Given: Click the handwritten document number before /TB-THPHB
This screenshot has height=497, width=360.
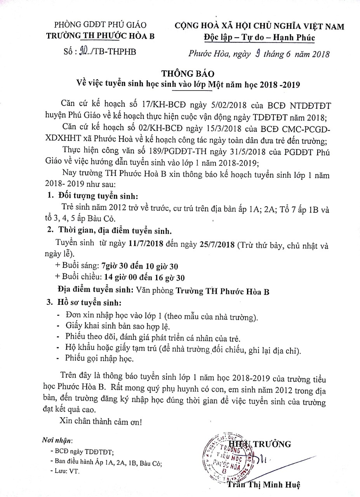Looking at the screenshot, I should pos(83,52).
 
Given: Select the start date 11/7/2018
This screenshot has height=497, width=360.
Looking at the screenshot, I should pos(143,244).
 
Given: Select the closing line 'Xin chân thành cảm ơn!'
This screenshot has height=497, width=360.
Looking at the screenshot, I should pos(101,421).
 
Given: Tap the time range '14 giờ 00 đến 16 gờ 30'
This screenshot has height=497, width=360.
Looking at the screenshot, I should pos(143,277).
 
